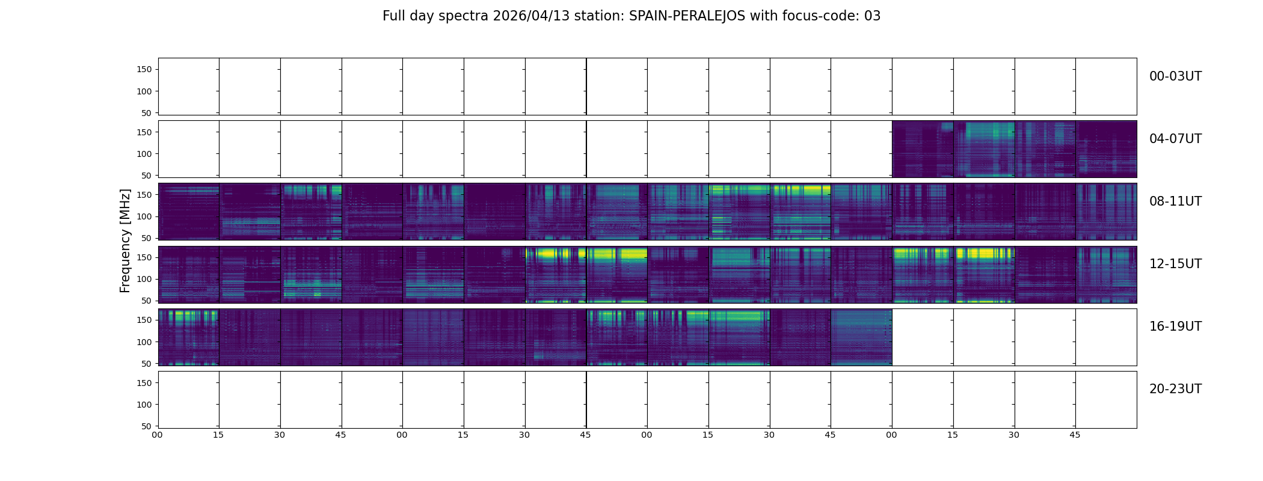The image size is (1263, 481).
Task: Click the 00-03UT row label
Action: (1175, 76)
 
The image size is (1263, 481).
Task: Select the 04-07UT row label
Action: (1175, 139)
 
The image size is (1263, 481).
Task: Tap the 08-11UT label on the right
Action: (1175, 201)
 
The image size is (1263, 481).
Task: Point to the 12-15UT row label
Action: (1175, 264)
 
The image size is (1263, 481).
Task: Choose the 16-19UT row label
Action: (1175, 326)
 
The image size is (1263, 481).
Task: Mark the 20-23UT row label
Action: (1175, 389)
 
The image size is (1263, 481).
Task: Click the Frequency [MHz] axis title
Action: (125, 240)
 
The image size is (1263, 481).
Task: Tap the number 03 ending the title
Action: (872, 16)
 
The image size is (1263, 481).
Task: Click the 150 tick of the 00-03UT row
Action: (144, 70)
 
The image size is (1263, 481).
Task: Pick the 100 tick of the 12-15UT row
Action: (144, 279)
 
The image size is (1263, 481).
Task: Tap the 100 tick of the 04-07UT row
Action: (144, 154)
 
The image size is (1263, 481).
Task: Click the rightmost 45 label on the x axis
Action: (1075, 435)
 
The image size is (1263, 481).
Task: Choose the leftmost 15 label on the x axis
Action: (218, 435)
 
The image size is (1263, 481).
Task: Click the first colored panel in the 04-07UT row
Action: (923, 149)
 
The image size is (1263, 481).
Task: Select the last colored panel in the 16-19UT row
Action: (861, 337)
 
